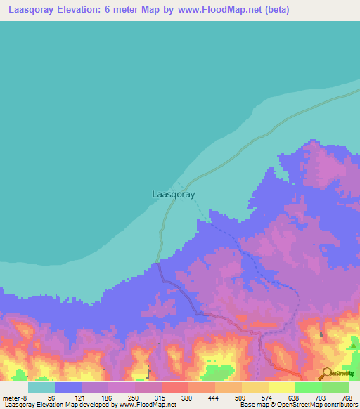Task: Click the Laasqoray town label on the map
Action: (174, 194)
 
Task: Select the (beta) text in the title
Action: (274, 11)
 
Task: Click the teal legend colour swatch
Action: (41, 387)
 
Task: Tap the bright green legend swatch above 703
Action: (308, 387)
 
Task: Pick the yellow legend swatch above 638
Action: (282, 387)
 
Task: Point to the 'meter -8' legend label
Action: (15, 397)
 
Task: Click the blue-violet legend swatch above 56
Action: (68, 387)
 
